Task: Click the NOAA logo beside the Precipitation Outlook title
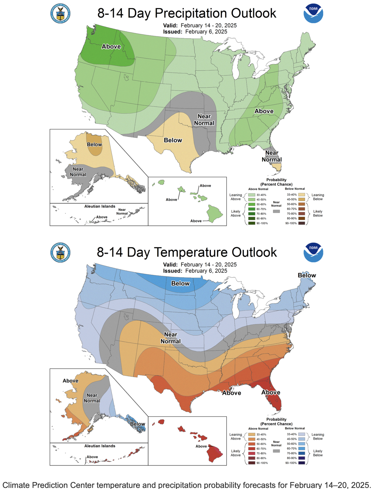pos(313,13)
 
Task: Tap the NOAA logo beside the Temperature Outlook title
pos(313,253)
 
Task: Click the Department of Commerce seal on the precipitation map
pos(60,13)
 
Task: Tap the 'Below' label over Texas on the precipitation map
pos(173,140)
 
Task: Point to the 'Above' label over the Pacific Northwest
pos(111,47)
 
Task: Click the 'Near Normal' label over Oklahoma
pos(204,120)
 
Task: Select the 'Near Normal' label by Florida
pos(272,156)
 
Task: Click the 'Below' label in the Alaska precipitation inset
pos(94,145)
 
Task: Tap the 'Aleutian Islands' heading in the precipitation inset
pos(100,206)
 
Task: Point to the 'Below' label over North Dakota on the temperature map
pos(180,284)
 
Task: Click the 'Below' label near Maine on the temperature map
pos(307,275)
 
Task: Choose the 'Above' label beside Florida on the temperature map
pos(271,392)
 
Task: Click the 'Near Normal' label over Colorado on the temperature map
pos(171,338)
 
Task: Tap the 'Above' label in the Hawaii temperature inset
pos(201,446)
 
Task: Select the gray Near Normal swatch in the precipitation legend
pos(276,211)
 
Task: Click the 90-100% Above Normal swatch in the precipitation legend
pos(252,223)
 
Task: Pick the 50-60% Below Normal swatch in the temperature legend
pos(302,444)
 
